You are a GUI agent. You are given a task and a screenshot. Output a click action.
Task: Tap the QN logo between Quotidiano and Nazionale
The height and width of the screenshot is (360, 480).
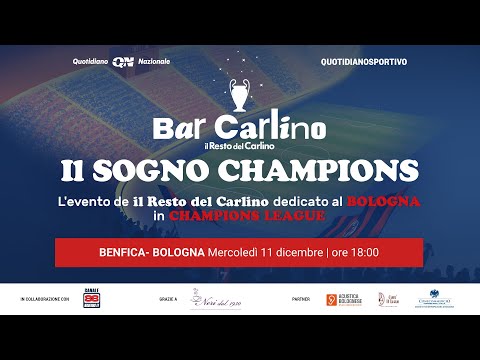pos(123,61)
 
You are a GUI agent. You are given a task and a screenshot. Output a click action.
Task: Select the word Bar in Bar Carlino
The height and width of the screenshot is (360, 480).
pos(183,129)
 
